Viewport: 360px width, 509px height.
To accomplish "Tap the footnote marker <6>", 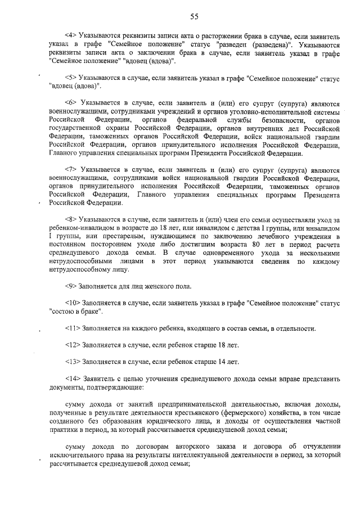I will coord(74,102).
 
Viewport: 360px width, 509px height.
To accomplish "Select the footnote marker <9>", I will coord(74,286).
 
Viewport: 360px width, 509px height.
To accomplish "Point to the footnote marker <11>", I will coord(75,328).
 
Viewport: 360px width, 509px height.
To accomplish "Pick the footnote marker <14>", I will coord(75,379).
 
